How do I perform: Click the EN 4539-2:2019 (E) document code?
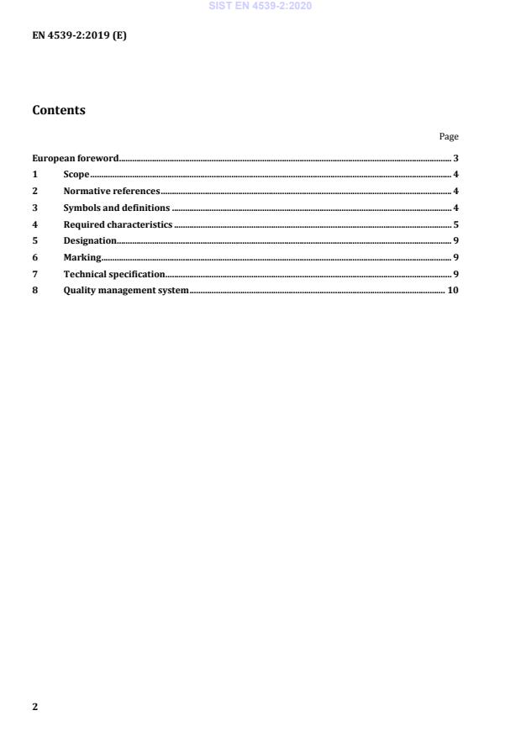click(x=79, y=36)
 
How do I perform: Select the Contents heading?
click(x=58, y=110)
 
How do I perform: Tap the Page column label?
click(x=449, y=136)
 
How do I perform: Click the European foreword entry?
click(x=76, y=158)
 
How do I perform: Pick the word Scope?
click(x=76, y=175)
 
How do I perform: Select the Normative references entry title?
click(x=112, y=191)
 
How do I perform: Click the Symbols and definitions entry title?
click(x=117, y=208)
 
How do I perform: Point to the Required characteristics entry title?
click(x=118, y=224)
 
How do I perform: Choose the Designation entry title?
click(x=90, y=241)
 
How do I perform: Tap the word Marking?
click(x=82, y=257)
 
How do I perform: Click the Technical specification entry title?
click(x=114, y=274)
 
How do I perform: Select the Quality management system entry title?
click(x=126, y=291)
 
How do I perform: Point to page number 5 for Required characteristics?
click(x=455, y=224)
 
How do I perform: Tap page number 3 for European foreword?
click(x=455, y=158)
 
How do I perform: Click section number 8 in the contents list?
click(x=34, y=291)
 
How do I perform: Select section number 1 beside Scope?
click(x=34, y=175)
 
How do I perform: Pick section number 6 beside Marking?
click(x=34, y=257)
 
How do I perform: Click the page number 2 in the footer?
click(x=34, y=707)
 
